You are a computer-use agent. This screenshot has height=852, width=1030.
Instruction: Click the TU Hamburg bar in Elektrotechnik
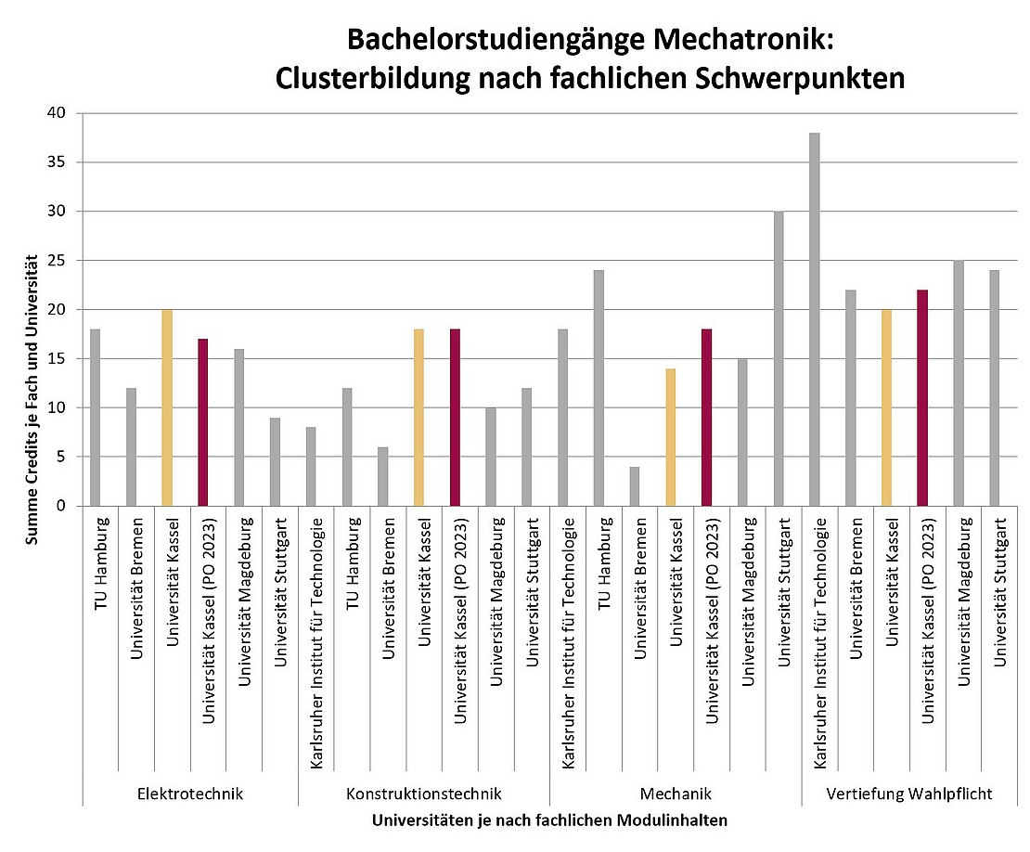(95, 417)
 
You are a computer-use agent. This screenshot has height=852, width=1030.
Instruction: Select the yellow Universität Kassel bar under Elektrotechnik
(167, 407)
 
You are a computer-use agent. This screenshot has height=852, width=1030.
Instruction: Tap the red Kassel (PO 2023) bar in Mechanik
(707, 417)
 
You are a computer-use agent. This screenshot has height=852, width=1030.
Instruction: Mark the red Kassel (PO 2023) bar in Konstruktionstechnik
(455, 417)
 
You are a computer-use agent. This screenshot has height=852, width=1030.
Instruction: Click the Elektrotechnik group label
(189, 794)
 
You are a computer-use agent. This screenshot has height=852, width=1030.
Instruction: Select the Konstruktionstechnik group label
(423, 794)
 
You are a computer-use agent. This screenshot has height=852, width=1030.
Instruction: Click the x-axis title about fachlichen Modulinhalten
(549, 821)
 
